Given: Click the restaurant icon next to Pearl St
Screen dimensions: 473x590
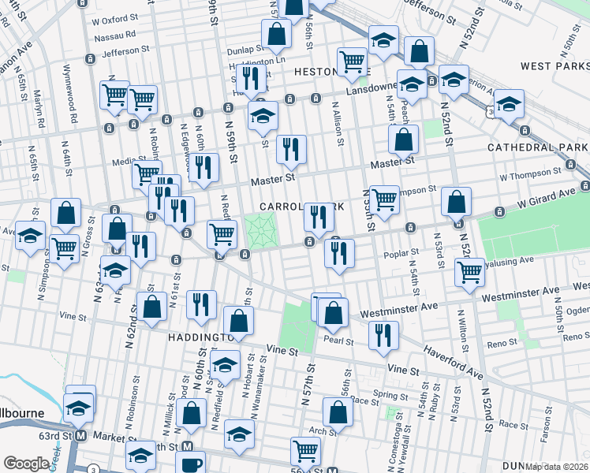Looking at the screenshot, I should (x=383, y=334).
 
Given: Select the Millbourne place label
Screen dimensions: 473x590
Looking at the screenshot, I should (x=28, y=412).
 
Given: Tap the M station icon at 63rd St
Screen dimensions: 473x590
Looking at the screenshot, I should (x=80, y=436).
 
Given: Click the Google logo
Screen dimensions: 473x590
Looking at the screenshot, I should (x=25, y=464).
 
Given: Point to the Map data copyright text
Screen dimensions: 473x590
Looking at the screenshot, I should (x=557, y=467).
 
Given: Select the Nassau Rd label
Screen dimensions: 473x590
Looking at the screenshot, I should (x=114, y=35).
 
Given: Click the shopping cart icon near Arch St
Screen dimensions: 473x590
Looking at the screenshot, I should (x=305, y=450).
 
